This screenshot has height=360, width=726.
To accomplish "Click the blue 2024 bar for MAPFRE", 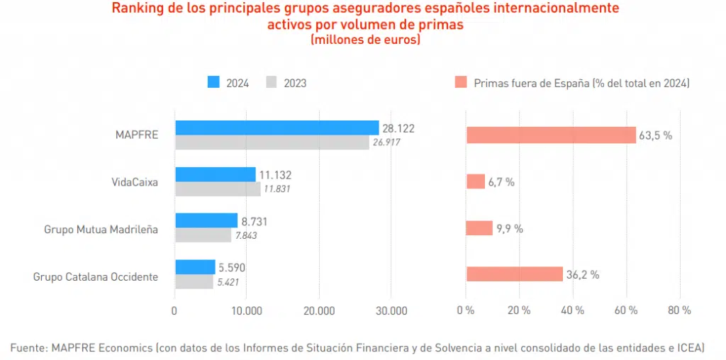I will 277,128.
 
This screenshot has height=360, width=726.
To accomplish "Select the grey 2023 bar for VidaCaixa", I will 218,189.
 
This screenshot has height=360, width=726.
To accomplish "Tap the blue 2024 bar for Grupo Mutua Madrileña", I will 206,220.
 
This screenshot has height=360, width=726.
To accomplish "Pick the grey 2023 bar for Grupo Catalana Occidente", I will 194,281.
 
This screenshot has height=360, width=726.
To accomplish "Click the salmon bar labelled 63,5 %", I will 551,135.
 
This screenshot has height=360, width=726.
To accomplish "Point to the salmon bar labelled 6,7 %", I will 476,181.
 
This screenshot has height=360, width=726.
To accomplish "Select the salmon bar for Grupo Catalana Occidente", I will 515,274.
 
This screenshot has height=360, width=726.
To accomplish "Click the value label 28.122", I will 398,128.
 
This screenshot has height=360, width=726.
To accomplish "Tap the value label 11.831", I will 277,189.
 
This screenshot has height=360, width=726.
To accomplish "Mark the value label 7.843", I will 245,235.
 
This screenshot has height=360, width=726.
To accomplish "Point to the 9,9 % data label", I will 509,228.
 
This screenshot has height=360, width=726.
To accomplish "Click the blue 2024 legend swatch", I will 213,82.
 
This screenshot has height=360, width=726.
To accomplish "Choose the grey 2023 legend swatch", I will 271,82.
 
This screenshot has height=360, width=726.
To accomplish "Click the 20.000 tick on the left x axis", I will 318,310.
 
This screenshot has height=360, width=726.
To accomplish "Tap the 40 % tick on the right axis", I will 572,310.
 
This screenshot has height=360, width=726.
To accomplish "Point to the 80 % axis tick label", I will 679,310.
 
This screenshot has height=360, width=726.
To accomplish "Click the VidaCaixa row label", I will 134,182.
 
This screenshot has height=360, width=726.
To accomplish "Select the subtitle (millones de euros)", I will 365,40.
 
